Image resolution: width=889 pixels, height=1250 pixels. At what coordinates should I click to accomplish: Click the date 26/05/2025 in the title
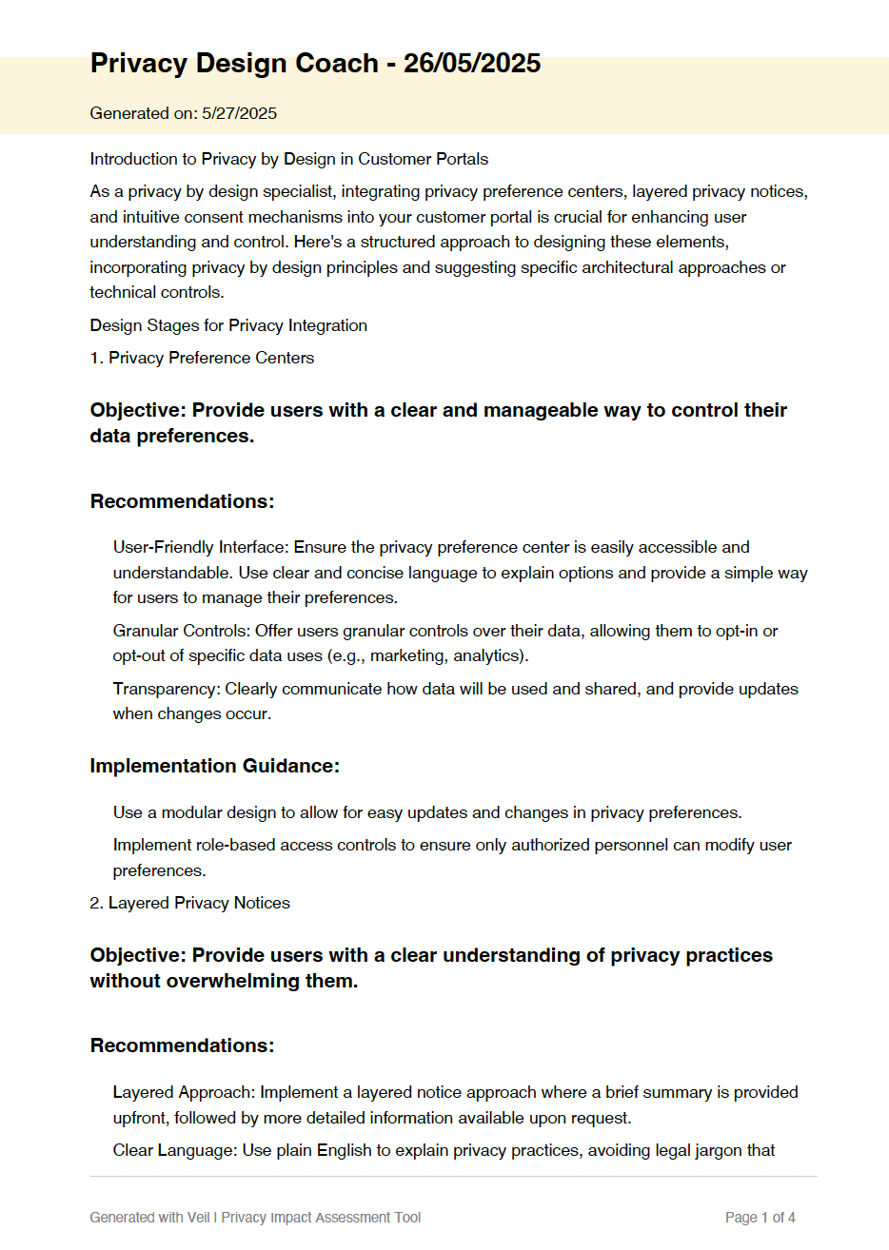[472, 64]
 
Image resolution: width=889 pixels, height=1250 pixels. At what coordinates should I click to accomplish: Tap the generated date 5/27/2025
[239, 113]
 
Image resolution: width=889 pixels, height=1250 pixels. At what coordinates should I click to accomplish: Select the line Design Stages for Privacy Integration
[228, 325]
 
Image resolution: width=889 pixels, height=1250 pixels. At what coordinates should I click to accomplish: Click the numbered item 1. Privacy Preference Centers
[202, 358]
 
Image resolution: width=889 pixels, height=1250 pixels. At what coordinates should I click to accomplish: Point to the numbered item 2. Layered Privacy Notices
[189, 903]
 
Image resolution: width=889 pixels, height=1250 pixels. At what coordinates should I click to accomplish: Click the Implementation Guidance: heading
[214, 766]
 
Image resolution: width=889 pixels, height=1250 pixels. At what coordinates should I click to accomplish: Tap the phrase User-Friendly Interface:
[201, 547]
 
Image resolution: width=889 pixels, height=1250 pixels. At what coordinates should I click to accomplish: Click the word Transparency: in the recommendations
[167, 689]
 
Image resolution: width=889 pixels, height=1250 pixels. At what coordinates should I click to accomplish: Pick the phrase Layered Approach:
[184, 1092]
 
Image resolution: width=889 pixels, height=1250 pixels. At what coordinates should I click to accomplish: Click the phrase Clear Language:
[175, 1150]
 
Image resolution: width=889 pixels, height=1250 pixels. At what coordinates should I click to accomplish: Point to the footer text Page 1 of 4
[760, 1218]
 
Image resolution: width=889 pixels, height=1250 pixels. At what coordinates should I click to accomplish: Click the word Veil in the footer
[198, 1218]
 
